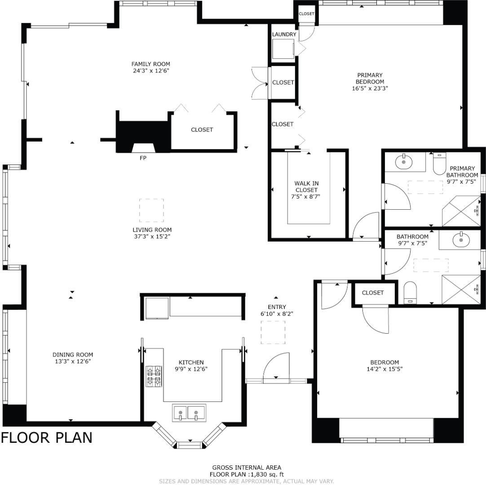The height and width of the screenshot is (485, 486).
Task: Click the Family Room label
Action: tap(150, 64)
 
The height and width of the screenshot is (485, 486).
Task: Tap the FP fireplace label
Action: tap(143, 158)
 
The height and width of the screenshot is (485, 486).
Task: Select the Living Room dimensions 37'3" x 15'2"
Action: tap(151, 236)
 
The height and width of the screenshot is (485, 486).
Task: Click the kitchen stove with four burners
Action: tap(154, 376)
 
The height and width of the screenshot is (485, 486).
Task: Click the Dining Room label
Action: tap(73, 355)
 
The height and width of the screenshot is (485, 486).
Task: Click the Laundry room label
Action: tap(284, 35)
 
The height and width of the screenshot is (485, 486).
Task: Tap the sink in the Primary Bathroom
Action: tap(404, 162)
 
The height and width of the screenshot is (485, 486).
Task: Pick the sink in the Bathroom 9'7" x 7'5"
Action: tap(460, 240)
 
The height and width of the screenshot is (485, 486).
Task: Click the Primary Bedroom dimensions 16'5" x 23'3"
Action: tap(370, 88)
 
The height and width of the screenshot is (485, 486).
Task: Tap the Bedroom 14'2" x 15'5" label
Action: tap(384, 362)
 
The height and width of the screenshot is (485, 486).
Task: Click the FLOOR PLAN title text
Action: tap(47, 437)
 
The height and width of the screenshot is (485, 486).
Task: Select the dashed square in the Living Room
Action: tap(151, 210)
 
